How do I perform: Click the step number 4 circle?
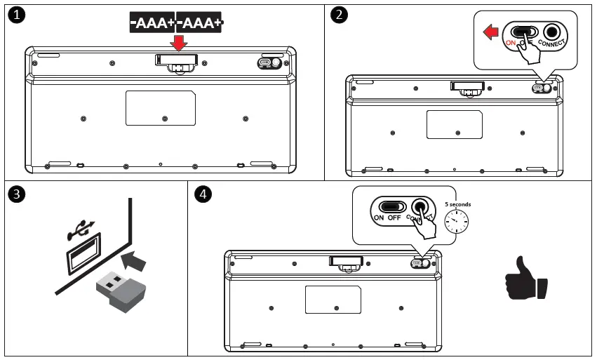coord(203,194)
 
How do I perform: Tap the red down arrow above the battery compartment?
coord(180,42)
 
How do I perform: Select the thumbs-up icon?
coord(525,279)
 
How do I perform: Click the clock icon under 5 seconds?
coord(457,222)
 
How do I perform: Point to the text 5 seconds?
coord(457,204)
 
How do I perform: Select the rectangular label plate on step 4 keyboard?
coord(333,300)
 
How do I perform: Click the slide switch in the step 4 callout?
coord(392,206)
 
